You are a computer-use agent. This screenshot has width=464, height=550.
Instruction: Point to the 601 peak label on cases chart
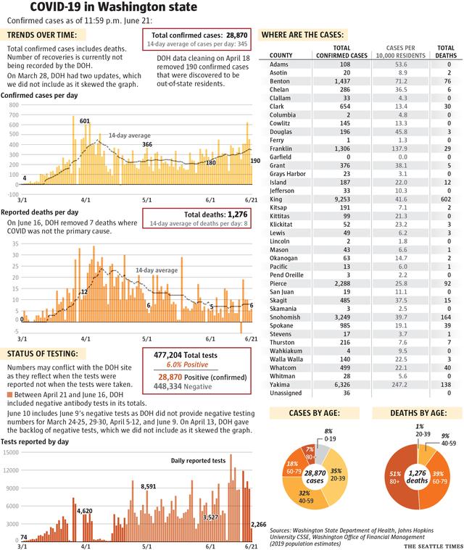coord(85,121)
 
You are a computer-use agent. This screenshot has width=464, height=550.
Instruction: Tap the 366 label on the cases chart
coord(147,145)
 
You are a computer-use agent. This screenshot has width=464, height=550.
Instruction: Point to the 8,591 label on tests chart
coord(149,486)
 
